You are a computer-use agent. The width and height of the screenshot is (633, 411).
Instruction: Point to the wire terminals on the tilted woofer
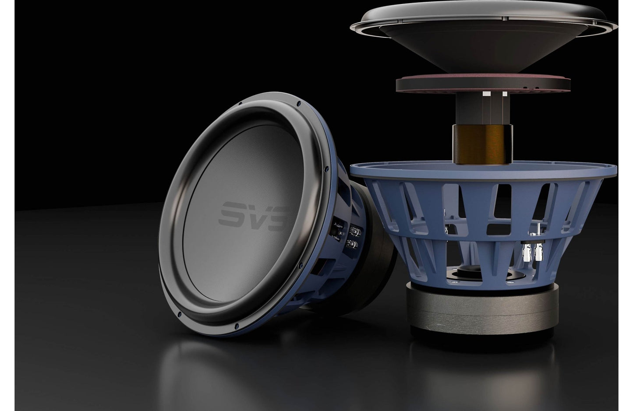pos(354,236)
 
